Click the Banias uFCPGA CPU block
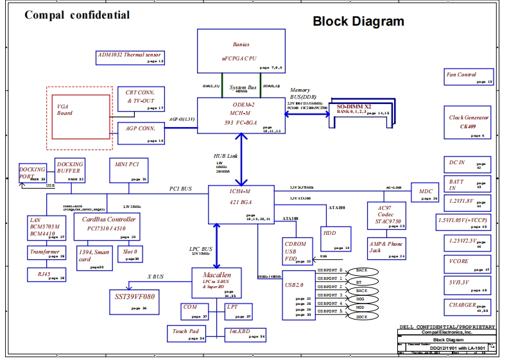[x=241, y=51]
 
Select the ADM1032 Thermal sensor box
[x=130, y=57]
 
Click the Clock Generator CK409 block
[x=469, y=123]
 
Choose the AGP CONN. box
[x=141, y=133]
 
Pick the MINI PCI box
[x=129, y=170]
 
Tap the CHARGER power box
[x=468, y=307]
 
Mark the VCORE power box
[x=468, y=264]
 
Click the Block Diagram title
[x=358, y=21]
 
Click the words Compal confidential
[x=77, y=15]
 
